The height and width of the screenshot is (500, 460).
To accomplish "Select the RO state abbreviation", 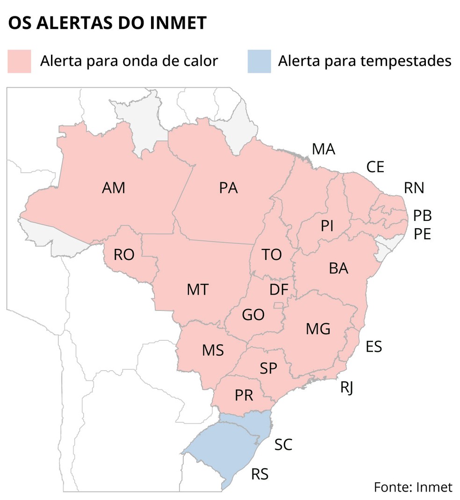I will [124, 254].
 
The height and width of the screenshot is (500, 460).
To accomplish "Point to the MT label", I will [197, 289].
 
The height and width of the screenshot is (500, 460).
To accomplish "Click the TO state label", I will [272, 254].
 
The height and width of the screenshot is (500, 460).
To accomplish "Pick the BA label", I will [339, 268].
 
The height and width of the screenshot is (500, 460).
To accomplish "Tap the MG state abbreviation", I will [318, 329].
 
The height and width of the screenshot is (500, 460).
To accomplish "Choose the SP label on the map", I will [268, 369].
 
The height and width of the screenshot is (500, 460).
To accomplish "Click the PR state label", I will [244, 395].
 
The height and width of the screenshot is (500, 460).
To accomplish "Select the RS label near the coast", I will [260, 474].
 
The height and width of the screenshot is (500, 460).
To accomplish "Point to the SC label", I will [283, 444].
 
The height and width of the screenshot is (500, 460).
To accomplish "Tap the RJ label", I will [346, 387].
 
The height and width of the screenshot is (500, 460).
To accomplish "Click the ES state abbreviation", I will [374, 347].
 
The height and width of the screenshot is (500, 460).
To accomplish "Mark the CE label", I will [375, 167].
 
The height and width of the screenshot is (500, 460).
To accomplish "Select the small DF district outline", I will [278, 305].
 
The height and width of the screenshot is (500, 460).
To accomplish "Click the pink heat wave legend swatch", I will [19, 62].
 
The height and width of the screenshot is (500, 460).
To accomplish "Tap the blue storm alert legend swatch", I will [259, 62].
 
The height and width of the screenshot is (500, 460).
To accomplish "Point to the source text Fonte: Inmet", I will [413, 487].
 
